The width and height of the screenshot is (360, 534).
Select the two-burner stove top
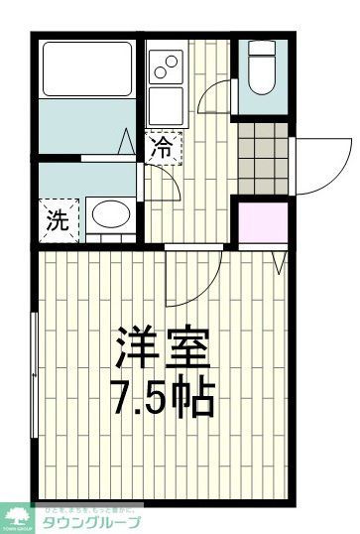[165, 67]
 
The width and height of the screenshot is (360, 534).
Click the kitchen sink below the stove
[165, 103]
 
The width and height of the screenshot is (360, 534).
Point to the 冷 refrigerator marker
[163, 149]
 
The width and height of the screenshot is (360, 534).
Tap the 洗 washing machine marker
[56, 220]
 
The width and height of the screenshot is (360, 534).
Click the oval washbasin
[108, 216]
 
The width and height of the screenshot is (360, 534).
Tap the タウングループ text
[91, 521]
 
